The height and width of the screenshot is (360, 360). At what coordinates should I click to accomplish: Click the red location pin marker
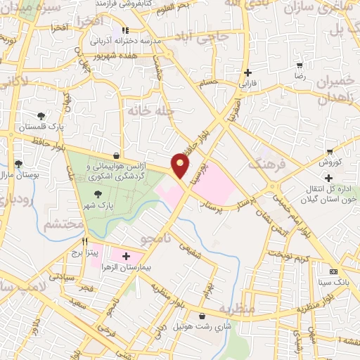tap(181, 165)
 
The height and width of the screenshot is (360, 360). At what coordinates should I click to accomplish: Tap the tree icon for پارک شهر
tap(98, 195)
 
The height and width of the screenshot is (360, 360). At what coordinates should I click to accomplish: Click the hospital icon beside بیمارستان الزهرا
tap(127, 257)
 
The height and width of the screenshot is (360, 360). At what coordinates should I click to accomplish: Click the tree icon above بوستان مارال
tap(18, 164)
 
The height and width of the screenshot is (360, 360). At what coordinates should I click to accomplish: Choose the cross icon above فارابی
tap(247, 72)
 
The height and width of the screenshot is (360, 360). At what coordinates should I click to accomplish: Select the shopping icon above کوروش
tap(330, 152)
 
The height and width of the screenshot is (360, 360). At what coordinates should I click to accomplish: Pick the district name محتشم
tap(63, 225)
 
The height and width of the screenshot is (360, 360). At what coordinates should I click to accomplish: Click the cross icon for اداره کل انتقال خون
tap(328, 178)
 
